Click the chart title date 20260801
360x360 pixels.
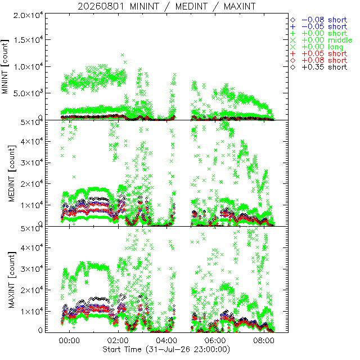click(x=101, y=6)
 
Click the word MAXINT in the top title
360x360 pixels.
click(x=240, y=6)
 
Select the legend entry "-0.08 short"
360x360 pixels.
click(x=324, y=20)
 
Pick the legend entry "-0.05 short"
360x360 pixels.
click(x=324, y=26)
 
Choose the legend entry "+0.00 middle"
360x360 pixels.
click(x=327, y=40)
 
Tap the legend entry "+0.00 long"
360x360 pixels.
click(x=322, y=47)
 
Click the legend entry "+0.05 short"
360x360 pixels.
click(x=324, y=54)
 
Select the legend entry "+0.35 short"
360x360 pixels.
click(x=324, y=67)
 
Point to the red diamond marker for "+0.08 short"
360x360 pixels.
click(x=293, y=61)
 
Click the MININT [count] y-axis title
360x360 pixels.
click(x=5, y=67)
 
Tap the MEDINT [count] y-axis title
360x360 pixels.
click(x=12, y=174)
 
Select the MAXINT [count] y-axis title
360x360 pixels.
click(x=12, y=280)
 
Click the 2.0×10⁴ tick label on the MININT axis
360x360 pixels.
click(x=28, y=16)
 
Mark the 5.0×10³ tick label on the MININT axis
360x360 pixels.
click(x=28, y=93)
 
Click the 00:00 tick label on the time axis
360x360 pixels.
click(x=69, y=340)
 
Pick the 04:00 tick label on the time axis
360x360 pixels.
click(x=166, y=340)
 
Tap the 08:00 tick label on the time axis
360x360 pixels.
click(x=264, y=340)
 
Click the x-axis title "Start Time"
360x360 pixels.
click(x=121, y=349)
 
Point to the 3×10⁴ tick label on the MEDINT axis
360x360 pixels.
click(x=32, y=163)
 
